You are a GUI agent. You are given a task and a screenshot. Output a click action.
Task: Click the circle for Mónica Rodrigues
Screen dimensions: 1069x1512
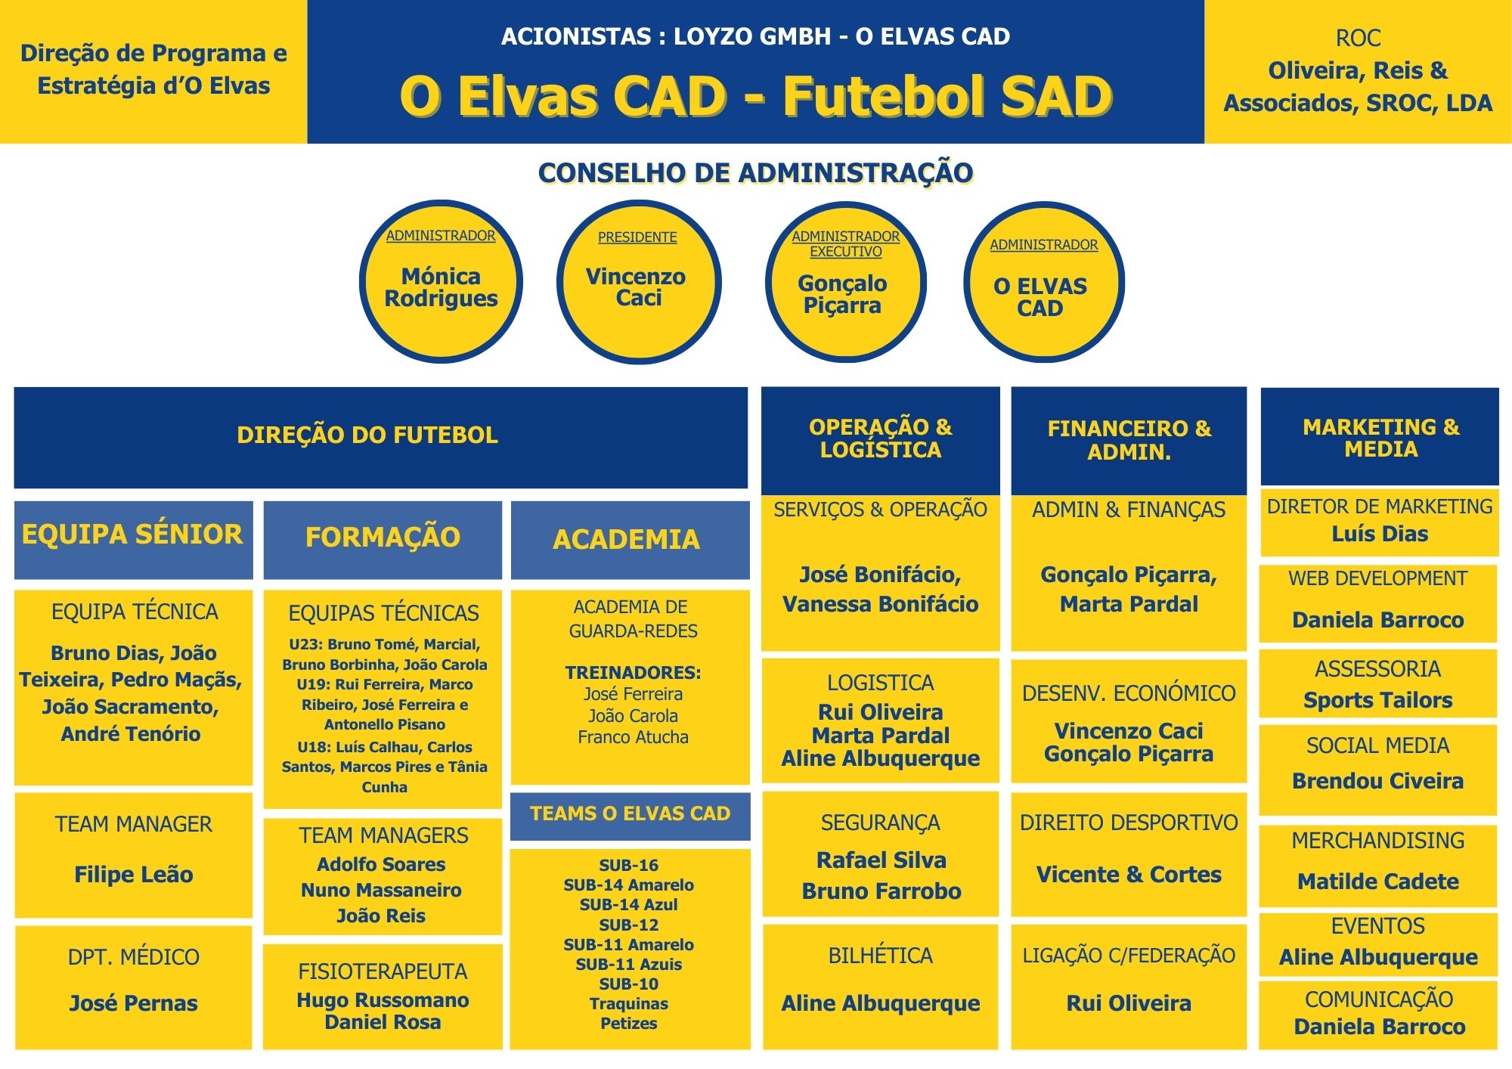click(x=441, y=282)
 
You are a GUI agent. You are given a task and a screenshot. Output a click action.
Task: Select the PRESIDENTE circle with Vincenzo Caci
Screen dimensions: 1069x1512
click(x=638, y=282)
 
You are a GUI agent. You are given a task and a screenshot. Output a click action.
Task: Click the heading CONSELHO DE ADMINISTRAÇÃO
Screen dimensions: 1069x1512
click(x=755, y=173)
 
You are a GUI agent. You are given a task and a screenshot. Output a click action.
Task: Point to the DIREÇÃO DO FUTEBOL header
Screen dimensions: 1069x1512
click(x=367, y=435)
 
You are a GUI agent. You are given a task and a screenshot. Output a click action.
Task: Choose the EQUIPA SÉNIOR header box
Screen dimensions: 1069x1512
click(x=133, y=535)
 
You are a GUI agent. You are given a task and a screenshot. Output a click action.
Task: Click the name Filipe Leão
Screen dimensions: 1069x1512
click(x=134, y=875)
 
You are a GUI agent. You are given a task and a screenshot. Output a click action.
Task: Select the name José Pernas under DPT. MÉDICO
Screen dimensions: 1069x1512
click(x=133, y=1003)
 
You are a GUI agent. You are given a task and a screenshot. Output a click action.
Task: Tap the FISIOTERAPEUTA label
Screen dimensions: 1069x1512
click(x=383, y=971)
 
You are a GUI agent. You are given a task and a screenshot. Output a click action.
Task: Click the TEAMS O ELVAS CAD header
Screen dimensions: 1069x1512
click(x=630, y=814)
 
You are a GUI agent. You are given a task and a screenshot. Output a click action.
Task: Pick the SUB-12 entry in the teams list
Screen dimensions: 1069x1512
click(x=629, y=925)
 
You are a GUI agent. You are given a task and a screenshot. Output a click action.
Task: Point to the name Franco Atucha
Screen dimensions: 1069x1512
click(x=633, y=737)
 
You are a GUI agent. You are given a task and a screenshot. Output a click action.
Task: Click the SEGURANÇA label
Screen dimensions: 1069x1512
click(x=880, y=823)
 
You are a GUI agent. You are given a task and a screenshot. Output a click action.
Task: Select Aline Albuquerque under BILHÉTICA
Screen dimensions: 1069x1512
click(x=880, y=1003)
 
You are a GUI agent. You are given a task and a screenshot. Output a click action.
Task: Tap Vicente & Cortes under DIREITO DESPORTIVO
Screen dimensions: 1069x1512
click(x=1129, y=875)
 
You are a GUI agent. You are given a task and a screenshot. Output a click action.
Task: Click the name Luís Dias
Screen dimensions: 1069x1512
click(x=1380, y=534)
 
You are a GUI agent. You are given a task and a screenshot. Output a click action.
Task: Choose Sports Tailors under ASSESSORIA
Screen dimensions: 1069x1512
click(x=1377, y=700)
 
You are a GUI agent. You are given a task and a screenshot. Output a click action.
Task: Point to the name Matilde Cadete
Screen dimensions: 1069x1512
click(x=1377, y=882)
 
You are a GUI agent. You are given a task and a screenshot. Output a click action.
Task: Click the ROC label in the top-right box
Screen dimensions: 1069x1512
click(x=1358, y=38)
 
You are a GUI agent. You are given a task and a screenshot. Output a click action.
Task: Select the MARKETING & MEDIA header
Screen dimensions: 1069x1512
click(x=1380, y=438)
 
